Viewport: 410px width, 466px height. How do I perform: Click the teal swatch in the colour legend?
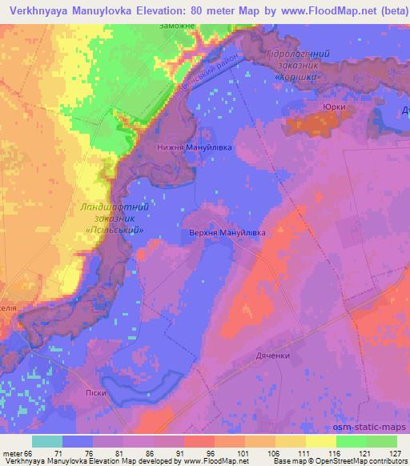click(x=47, y=441)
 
